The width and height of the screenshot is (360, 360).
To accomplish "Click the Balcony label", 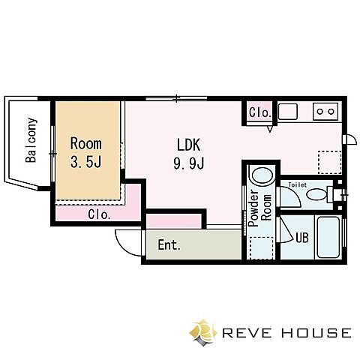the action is (x=31, y=140).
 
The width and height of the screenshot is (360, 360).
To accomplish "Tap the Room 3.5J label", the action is (x=86, y=152).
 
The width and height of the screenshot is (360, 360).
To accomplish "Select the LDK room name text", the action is (x=189, y=145).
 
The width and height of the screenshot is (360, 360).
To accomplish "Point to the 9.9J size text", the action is (x=189, y=163).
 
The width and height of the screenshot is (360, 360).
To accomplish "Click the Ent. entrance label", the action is (x=169, y=245).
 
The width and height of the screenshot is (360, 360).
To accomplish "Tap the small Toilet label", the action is (x=297, y=185).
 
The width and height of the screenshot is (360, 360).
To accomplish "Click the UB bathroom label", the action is (x=302, y=238).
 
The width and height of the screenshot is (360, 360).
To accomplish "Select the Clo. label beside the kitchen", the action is (x=260, y=112).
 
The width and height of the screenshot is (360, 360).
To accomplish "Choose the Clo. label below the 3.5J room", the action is (x=99, y=214).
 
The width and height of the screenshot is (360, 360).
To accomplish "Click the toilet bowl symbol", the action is (x=316, y=194).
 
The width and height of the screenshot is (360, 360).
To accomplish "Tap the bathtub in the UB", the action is (x=328, y=237).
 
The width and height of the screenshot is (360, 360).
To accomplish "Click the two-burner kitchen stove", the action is (x=325, y=112).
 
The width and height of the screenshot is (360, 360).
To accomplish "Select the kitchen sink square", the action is (x=288, y=111).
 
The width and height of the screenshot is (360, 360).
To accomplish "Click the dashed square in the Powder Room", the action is (x=262, y=247).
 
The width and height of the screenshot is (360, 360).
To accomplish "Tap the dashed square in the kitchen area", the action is (x=330, y=163).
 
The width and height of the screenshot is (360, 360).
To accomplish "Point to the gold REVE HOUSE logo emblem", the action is (x=203, y=332).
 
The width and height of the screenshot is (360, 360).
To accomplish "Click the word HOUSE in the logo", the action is (x=319, y=333).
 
